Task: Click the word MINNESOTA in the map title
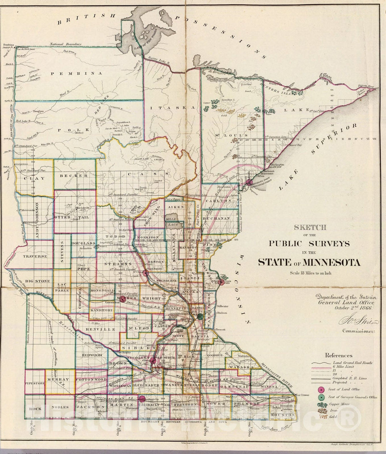pyautogui.click(x=332, y=262)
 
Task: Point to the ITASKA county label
pyautogui.click(x=173, y=107)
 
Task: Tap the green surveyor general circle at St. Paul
pyautogui.click(x=201, y=316)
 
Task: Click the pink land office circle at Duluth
pyautogui.click(x=250, y=182)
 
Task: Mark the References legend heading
pyautogui.click(x=338, y=355)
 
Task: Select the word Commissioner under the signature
pyautogui.click(x=358, y=331)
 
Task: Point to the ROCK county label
pyautogui.click(x=35, y=408)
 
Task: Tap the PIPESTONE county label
pyautogui.click(x=35, y=383)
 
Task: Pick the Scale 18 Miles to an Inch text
pyautogui.click(x=309, y=273)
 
